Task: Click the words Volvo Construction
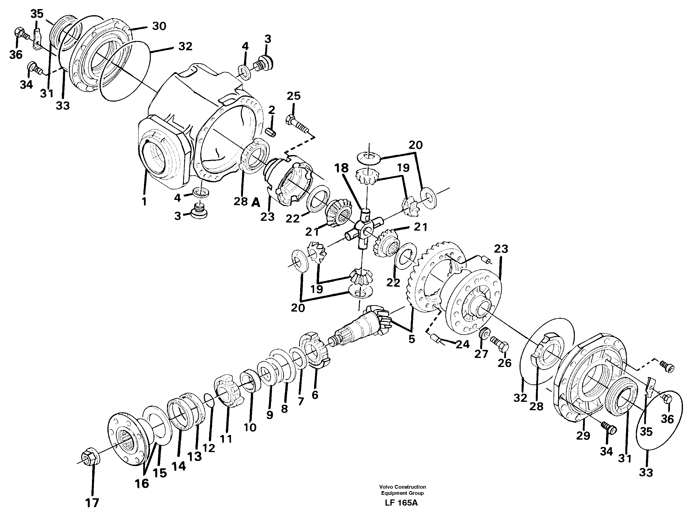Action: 402,487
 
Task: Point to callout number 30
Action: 159,26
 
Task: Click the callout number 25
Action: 294,96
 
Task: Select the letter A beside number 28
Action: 256,203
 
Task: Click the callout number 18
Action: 341,168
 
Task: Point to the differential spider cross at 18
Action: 363,231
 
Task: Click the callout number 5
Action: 411,339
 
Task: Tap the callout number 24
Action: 462,344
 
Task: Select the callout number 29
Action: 583,436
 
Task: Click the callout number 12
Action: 209,448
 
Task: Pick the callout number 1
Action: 144,201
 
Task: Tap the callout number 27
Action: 481,354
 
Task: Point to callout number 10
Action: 250,427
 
